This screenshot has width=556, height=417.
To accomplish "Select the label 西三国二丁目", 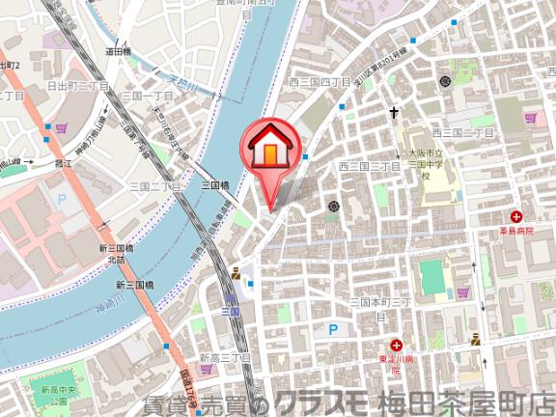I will pyautogui.click(x=461, y=132).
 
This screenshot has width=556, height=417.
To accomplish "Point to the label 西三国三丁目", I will pyautogui.click(x=369, y=167).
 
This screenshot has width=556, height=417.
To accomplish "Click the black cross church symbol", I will pyautogui.click(x=394, y=113).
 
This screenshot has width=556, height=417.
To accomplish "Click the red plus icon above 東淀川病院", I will pyautogui.click(x=398, y=345).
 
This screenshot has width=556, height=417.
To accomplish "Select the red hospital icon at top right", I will pyautogui.click(x=517, y=216).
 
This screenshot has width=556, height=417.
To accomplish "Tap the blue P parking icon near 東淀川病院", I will pyautogui.click(x=333, y=329).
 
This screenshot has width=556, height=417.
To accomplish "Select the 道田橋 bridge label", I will pyautogui.click(x=118, y=52).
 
